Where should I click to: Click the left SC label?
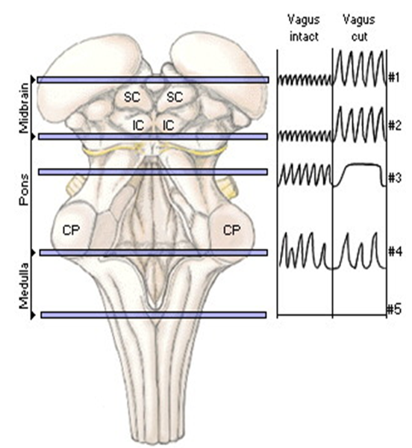tap(132, 97)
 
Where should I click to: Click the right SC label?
tap(174, 97)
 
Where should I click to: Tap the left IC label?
tap(138, 125)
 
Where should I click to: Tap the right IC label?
tap(168, 125)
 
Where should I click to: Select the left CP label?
tap(71, 230)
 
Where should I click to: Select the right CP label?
tap(232, 230)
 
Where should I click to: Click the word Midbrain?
tap(25, 108)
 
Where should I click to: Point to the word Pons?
tap(25, 190)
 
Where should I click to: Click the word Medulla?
tap(25, 286)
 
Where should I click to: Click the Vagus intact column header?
tap(304, 28)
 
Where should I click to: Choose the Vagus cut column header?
tap(359, 28)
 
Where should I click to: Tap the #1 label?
tap(394, 78)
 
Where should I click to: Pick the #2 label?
tap(395, 125)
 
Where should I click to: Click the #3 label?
tap(395, 178)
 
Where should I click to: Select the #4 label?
tap(395, 252)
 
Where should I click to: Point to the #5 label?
tap(394, 309)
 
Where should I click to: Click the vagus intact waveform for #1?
tap(305, 80)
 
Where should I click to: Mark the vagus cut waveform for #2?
tap(360, 124)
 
